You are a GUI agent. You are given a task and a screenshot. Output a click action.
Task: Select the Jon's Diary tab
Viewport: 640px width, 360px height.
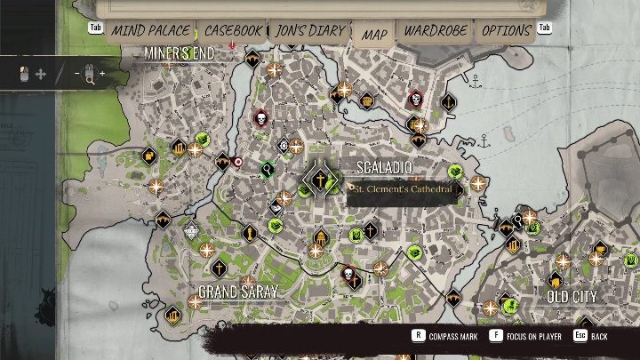click(x=308, y=31)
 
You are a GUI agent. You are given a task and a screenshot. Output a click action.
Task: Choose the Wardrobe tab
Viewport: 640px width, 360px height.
click(x=435, y=31)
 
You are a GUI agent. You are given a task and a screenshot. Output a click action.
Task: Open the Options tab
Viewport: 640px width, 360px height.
click(x=507, y=31)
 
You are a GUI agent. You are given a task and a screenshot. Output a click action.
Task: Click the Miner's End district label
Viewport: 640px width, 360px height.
click(x=179, y=53)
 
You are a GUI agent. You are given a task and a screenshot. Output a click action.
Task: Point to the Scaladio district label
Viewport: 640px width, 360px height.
click(x=383, y=167)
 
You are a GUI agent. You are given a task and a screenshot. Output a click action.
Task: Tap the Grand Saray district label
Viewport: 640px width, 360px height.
click(x=238, y=292)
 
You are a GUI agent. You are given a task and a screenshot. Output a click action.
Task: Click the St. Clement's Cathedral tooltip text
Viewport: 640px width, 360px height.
click(x=403, y=189)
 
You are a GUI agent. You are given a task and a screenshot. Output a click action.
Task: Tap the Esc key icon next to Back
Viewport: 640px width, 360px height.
click(x=579, y=337)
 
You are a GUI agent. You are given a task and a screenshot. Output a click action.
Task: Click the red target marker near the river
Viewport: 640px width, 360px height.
click(x=237, y=162)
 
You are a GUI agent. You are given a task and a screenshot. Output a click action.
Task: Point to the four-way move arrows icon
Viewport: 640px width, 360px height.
click(x=40, y=75)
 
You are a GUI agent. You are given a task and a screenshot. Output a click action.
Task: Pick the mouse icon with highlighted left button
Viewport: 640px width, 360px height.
click(x=24, y=74)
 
